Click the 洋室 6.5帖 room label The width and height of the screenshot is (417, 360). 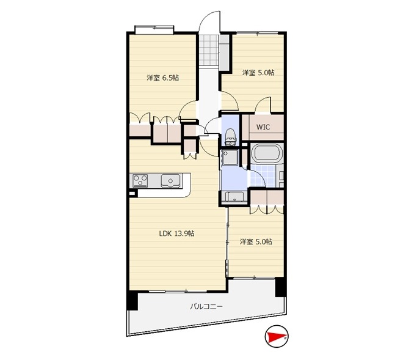point(162,78)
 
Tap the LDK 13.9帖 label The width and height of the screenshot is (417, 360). point(176,233)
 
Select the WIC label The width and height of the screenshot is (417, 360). point(263,127)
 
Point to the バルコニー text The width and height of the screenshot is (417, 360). point(206,306)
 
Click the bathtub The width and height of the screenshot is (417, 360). point(266,153)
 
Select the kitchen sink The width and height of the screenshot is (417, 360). point(170,181)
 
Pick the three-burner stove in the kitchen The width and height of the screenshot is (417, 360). point(140,180)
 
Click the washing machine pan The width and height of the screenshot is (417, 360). point(230,157)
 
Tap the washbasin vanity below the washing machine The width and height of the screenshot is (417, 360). point(234,197)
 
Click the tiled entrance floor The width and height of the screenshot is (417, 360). point(209,50)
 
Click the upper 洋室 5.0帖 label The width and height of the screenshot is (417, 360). point(258,72)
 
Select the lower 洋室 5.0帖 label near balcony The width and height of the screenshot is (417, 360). point(256,242)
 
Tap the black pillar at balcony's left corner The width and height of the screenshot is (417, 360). point(132,300)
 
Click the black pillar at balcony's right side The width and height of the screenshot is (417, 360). point(280,287)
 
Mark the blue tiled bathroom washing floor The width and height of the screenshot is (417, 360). point(263,175)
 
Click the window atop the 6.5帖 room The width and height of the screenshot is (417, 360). point(154,29)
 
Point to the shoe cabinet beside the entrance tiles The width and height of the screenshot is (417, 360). point(224,53)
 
